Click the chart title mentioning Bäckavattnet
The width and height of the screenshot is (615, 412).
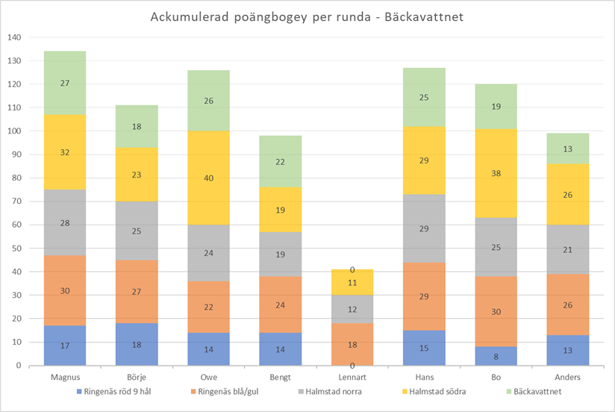coord(307,17)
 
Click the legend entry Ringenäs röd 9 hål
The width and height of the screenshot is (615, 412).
coord(119,390)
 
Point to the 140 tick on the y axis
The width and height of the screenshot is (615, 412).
coord(14,37)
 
